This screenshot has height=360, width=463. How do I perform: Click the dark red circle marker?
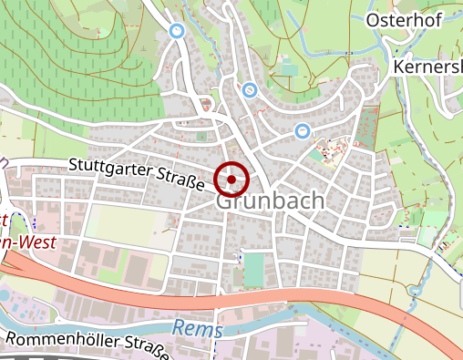[231, 180]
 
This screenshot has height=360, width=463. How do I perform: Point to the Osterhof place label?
[403, 20]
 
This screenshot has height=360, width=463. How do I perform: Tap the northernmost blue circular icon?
[178, 31]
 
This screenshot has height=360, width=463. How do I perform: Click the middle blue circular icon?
[249, 89]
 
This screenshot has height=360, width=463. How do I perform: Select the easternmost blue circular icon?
[302, 131]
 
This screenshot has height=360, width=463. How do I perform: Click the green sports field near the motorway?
[253, 269]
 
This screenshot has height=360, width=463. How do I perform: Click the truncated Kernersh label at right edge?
[428, 68]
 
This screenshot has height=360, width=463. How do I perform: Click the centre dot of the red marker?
[231, 180]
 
